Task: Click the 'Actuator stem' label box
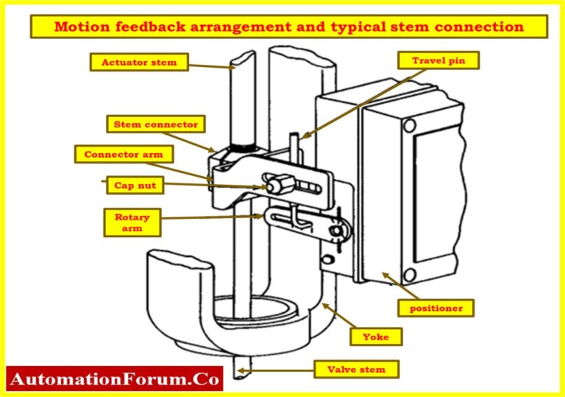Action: (x=138, y=62)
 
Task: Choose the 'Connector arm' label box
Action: (x=123, y=155)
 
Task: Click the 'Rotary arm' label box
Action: (x=132, y=222)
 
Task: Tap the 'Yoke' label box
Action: (x=375, y=337)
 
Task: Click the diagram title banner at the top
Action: (x=288, y=27)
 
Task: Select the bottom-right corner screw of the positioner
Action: (x=410, y=277)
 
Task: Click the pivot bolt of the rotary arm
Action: (x=338, y=232)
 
